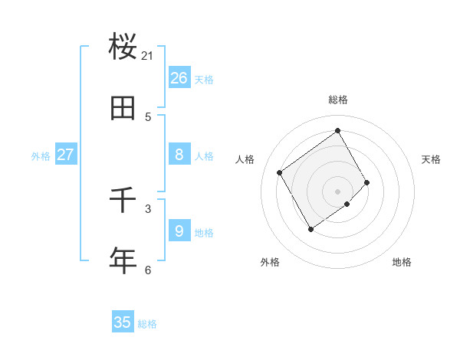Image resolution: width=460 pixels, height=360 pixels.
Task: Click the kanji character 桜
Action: coord(123,47)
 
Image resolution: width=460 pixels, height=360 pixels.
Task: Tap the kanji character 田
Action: coord(123,108)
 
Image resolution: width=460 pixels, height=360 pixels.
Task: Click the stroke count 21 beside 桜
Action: coord(148,55)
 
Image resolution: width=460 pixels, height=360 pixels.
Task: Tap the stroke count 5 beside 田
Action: coord(148,116)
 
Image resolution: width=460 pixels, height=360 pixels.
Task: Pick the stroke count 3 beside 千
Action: coord(148,208)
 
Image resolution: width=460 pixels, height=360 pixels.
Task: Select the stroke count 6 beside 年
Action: coord(148,270)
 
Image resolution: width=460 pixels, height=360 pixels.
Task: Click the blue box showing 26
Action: coord(179,78)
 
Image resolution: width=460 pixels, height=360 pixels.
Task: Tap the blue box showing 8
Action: coord(179,155)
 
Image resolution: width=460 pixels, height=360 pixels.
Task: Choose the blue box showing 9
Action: coord(179,231)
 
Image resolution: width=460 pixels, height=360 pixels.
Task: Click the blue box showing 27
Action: coord(66,155)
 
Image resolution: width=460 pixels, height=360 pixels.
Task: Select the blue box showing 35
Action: coord(123,322)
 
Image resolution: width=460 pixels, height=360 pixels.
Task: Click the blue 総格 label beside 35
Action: coord(147,324)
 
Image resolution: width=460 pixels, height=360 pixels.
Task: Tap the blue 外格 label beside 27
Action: coord(41,156)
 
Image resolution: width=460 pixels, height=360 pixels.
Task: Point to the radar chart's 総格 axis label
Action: coord(338,100)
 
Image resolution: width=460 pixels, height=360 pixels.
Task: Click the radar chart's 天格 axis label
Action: coord(431,159)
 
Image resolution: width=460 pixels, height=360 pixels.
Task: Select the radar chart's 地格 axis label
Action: coord(402,262)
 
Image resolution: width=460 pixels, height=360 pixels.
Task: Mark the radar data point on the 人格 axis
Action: coord(280,172)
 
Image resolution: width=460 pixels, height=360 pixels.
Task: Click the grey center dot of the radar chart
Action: coord(338,191)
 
